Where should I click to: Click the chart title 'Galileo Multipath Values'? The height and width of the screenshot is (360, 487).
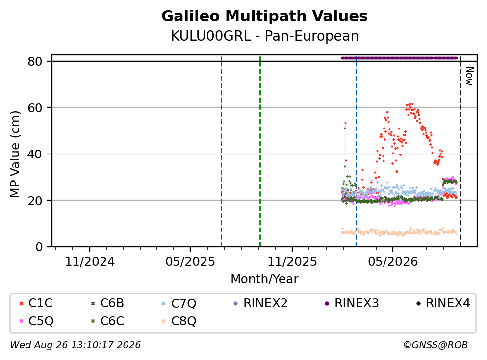point(264,16)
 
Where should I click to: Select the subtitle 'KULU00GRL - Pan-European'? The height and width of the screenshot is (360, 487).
point(265,36)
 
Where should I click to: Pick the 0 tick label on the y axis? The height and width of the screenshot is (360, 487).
point(39,247)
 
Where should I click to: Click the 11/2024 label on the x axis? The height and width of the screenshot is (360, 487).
point(90,262)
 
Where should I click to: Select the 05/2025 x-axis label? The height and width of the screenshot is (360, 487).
point(190,262)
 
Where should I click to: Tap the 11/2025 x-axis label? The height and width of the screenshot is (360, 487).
point(292,262)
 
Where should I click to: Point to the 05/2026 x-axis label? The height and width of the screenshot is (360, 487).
point(393,262)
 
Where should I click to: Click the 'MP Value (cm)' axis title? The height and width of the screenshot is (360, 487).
point(15,154)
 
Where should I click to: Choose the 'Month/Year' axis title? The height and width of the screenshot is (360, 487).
point(265,279)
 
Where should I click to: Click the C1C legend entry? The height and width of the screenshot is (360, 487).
point(36,303)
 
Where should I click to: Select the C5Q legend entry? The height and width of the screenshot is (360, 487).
point(36,321)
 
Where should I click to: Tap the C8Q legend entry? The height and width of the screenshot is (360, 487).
point(179,321)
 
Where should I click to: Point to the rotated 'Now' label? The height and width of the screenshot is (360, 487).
point(470,76)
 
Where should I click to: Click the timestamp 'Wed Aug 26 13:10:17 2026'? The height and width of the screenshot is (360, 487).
point(76,345)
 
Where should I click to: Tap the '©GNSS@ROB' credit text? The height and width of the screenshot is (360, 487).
point(436,345)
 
